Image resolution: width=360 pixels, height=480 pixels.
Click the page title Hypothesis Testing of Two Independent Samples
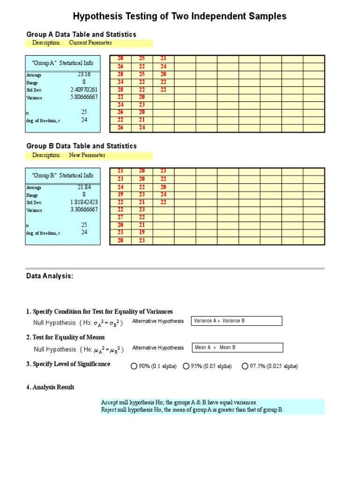[x=180, y=16]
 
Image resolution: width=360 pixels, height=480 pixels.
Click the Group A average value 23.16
[x=84, y=75]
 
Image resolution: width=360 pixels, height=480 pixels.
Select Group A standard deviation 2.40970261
[x=84, y=90]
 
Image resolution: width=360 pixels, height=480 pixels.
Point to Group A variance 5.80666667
[x=84, y=97]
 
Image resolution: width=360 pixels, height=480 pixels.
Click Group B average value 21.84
[x=84, y=187]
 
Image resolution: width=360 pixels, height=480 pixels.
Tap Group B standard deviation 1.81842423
[x=84, y=202]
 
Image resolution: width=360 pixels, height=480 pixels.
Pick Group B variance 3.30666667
[x=84, y=210]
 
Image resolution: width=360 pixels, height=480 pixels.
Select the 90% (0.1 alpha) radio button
[x=134, y=366]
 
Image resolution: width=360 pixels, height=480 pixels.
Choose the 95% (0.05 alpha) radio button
[x=186, y=366]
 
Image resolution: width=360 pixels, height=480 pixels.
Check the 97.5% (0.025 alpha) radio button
[x=245, y=366]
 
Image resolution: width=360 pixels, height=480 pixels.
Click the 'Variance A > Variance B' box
[x=237, y=321]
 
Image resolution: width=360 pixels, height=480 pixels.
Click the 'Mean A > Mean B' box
[x=237, y=348]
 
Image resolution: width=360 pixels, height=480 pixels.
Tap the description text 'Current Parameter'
[x=90, y=43]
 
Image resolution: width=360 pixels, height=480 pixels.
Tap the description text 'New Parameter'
[x=87, y=156]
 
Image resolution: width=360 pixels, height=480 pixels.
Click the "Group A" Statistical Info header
[x=62, y=63]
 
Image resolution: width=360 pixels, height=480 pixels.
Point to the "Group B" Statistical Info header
[x=62, y=175]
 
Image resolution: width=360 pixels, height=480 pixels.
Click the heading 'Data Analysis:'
[x=50, y=276]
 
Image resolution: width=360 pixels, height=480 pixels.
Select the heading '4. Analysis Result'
[x=50, y=387]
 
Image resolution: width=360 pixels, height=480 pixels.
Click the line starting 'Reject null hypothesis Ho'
[x=192, y=410]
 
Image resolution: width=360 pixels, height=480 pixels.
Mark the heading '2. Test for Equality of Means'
[x=66, y=337]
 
